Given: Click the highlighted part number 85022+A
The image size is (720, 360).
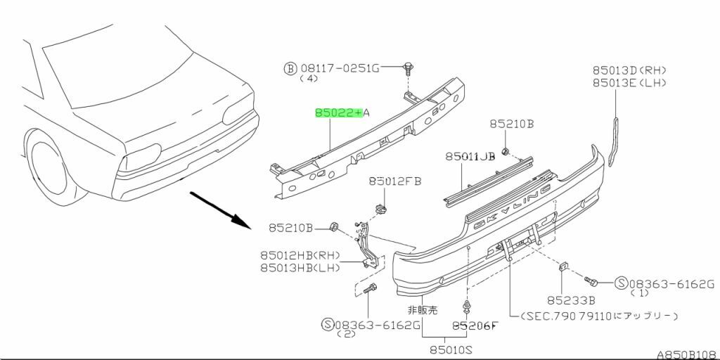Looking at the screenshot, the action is [338, 112].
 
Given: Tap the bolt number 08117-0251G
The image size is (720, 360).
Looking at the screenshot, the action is [340, 68].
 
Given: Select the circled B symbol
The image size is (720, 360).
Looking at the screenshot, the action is [290, 68].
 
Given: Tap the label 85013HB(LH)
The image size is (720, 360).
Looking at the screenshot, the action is [300, 267].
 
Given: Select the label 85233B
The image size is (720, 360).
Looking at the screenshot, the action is [567, 299].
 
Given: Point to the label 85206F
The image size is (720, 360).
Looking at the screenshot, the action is [475, 326].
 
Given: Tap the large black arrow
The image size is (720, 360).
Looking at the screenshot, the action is [220, 208].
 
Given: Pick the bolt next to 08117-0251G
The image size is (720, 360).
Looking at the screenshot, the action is [406, 69].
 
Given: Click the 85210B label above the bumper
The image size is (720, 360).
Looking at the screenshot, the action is [511, 124].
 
